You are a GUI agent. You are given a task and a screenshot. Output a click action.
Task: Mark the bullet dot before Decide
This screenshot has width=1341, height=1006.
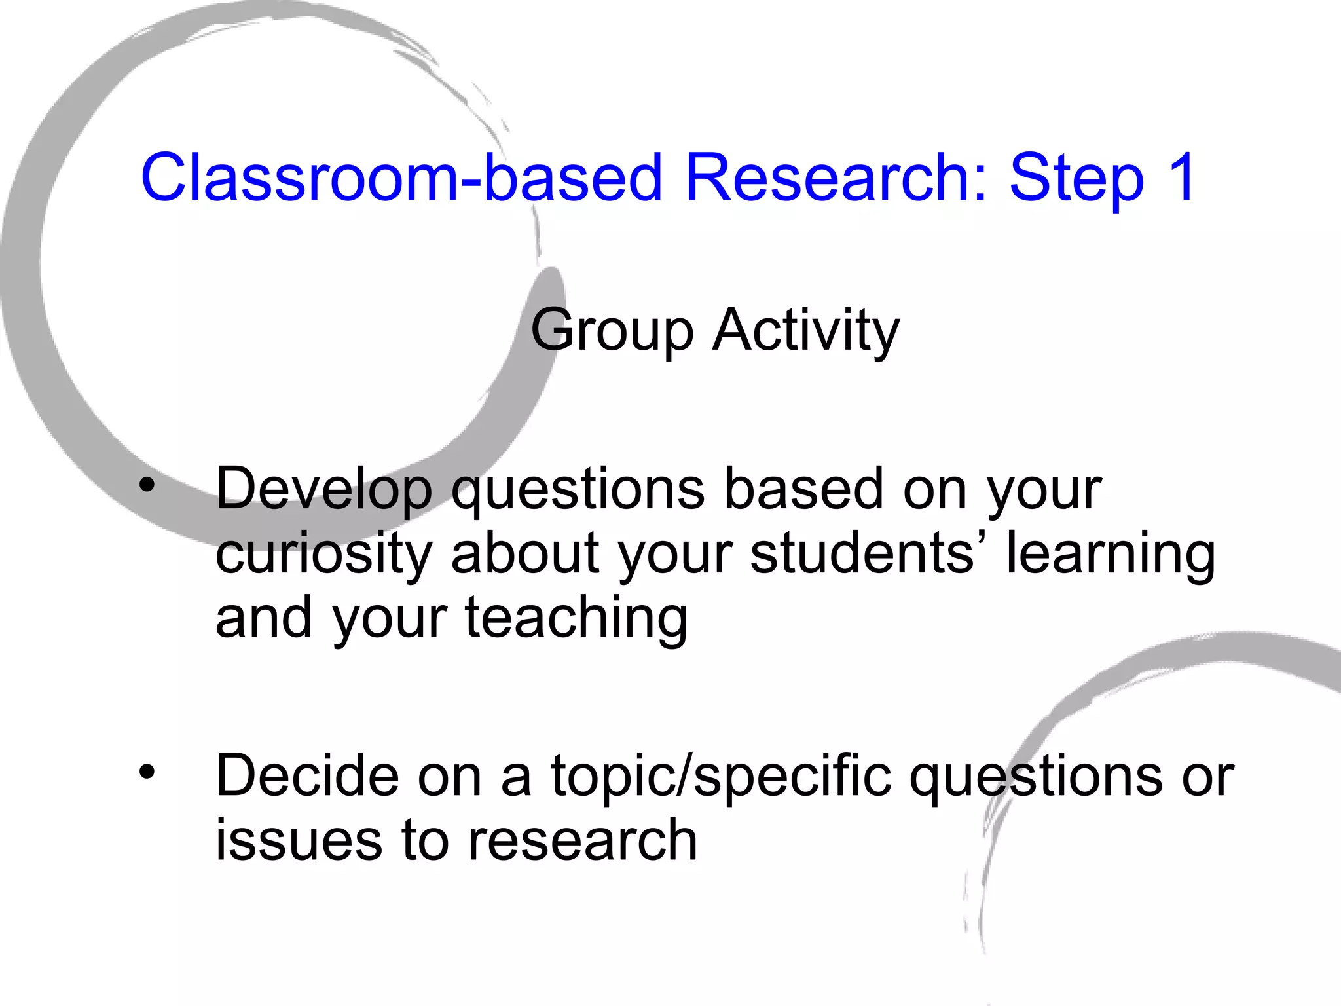(148, 772)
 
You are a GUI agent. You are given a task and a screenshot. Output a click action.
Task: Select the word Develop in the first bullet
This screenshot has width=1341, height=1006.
(324, 490)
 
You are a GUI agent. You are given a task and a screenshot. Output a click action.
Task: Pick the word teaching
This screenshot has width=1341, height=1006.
(576, 619)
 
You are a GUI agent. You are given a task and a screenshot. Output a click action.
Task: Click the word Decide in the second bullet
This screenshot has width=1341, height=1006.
(307, 775)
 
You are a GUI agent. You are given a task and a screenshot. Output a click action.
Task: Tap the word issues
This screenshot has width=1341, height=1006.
(299, 840)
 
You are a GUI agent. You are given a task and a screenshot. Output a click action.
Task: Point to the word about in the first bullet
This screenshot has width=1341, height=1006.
(525, 553)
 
